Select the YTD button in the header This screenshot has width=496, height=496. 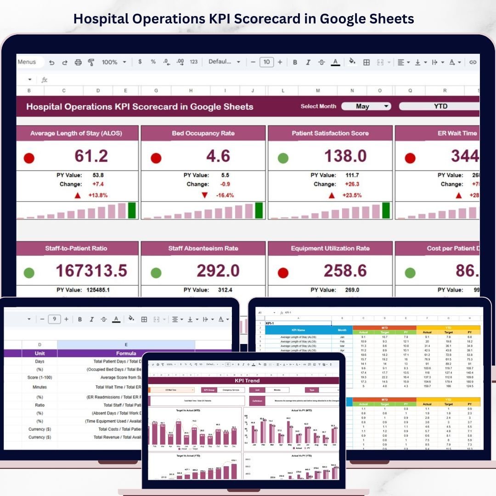tap(440, 106)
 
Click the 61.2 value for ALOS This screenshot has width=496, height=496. tap(91, 156)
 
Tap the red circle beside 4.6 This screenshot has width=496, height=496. tap(156, 158)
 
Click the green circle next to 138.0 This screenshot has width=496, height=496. tap(283, 158)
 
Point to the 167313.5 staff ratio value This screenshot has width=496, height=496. tap(91, 271)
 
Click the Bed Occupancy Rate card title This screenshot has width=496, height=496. tap(203, 133)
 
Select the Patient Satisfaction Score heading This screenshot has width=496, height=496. tap(330, 133)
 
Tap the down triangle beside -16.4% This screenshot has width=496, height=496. tap(205, 195)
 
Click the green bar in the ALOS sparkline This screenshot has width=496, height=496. tap(132, 210)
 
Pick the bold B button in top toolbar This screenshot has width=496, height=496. tap(295, 62)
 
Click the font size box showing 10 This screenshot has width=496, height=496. tap(266, 62)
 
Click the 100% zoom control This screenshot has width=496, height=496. tap(113, 62)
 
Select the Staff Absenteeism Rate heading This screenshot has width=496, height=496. tap(203, 248)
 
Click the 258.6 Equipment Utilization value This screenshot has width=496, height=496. tap(345, 271)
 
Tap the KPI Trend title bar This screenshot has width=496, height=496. tap(247, 381)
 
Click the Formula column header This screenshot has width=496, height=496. tap(126, 354)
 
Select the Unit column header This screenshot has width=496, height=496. tap(39, 354)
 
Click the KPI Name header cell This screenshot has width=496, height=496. tap(298, 330)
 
